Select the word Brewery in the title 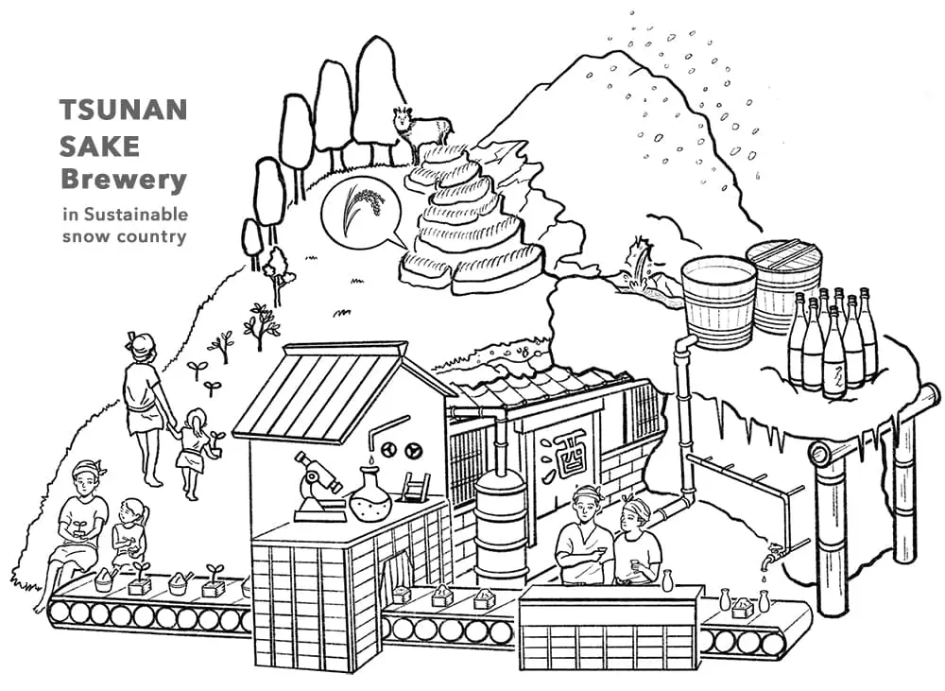[x=123, y=179]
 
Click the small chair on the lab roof [x=415, y=488]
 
